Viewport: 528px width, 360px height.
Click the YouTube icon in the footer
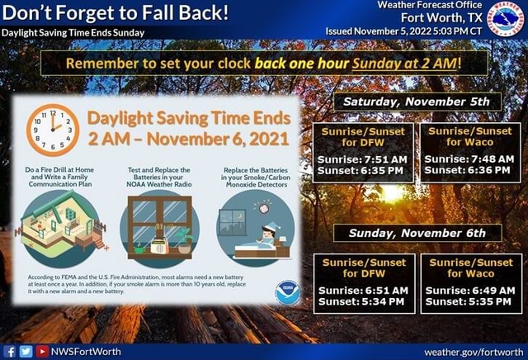[41, 351]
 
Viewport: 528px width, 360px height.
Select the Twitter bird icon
[26, 351]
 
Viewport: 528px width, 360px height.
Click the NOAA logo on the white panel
[288, 292]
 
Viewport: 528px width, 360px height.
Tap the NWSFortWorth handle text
[86, 351]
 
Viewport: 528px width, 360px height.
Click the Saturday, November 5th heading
[417, 102]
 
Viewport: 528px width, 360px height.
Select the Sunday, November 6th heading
[417, 233]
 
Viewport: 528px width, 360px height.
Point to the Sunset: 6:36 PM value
[470, 171]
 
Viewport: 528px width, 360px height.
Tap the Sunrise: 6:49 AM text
[470, 291]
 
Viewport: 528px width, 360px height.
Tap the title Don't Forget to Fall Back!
[115, 13]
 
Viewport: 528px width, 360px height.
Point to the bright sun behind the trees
[390, 193]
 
